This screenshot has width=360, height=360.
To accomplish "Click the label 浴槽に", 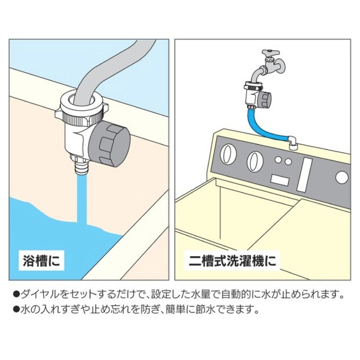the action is [x=42, y=261].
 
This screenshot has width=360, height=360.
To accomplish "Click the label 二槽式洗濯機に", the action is [x=232, y=261].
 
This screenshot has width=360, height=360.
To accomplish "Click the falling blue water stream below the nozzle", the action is [x=82, y=200].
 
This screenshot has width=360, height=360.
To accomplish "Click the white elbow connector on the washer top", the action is [x=292, y=143].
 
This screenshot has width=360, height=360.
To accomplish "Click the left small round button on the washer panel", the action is [x=278, y=160].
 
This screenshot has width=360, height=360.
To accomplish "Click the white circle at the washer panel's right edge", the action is [x=342, y=178].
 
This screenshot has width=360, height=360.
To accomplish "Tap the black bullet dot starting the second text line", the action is [x=17, y=310].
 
